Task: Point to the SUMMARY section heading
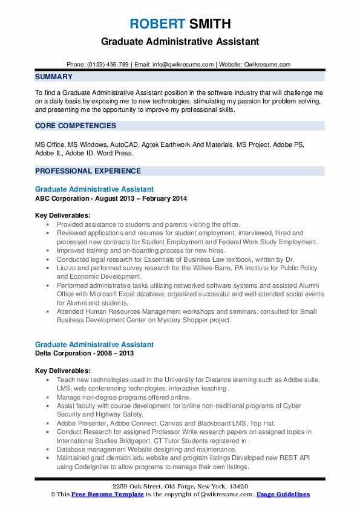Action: pos(54,77)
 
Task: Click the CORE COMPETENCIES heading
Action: pos(76,126)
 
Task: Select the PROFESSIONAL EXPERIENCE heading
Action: pos(88,171)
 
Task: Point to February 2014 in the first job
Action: pos(166,198)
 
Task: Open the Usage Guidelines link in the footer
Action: pos(283,494)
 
